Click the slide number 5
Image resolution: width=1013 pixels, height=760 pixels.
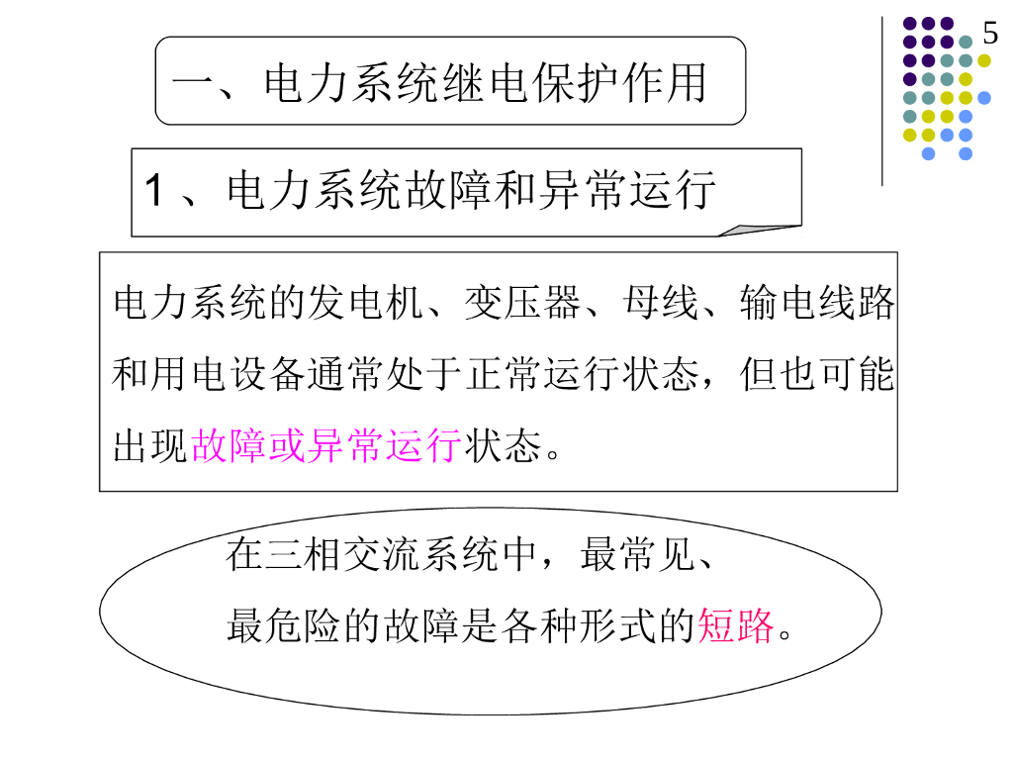tap(990, 35)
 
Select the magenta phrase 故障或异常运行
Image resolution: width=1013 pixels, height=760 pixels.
tap(325, 446)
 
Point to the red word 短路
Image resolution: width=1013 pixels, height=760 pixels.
tap(735, 625)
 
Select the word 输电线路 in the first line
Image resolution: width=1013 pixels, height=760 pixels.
tap(816, 304)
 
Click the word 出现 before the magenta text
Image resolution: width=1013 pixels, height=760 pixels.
tap(151, 446)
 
